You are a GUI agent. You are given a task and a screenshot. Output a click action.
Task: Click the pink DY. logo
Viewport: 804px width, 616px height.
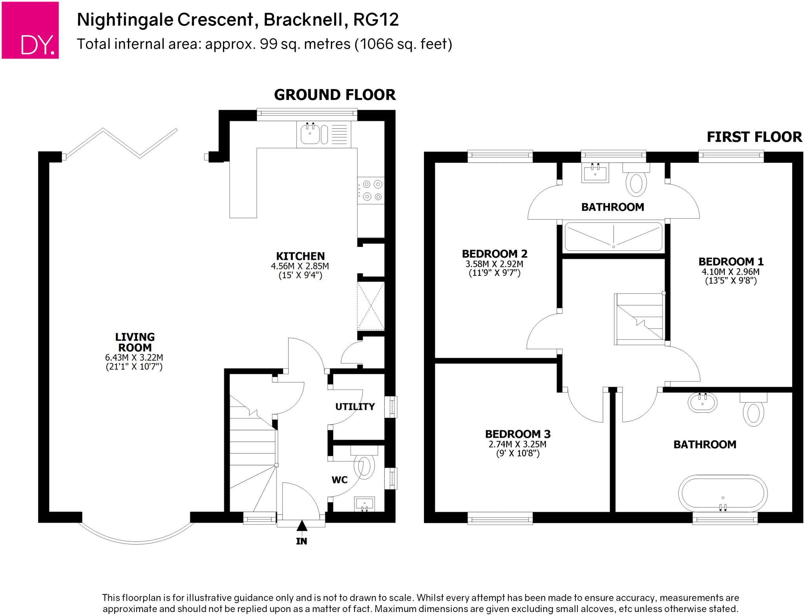(x=30, y=30)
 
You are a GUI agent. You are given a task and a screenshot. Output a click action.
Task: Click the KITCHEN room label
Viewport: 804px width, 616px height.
(x=300, y=256)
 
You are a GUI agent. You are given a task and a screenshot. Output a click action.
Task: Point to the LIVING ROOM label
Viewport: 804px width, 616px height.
(x=135, y=342)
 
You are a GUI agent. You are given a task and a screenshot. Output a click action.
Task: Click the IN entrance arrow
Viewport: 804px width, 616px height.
(x=301, y=527)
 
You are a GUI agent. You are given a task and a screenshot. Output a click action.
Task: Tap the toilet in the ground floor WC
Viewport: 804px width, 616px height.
(x=364, y=465)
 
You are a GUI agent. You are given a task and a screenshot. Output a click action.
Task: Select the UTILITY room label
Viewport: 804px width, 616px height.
(x=355, y=406)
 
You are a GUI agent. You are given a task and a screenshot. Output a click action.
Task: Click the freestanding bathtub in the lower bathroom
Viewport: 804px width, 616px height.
(x=723, y=493)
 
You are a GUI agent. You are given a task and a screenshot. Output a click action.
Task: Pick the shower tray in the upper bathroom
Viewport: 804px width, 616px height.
(x=613, y=237)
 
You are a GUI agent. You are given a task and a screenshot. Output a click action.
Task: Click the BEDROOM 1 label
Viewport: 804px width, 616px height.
(x=731, y=261)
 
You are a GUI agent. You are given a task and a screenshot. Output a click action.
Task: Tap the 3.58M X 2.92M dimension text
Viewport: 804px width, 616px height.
(x=494, y=264)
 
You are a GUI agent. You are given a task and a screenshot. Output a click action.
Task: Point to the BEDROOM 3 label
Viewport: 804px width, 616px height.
(x=518, y=434)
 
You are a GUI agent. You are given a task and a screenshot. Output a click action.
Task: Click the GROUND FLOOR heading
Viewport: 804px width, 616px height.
(x=335, y=95)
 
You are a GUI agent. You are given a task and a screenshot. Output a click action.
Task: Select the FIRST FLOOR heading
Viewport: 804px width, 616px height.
(x=754, y=137)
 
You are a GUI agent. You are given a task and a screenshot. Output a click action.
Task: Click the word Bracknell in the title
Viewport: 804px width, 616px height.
(x=303, y=20)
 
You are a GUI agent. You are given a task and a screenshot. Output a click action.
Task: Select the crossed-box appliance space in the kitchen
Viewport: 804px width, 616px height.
(x=371, y=306)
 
